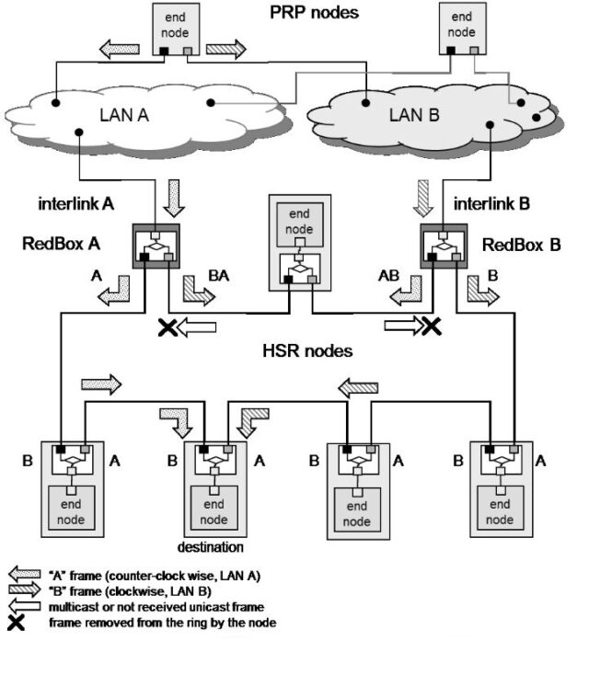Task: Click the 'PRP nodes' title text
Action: [x=313, y=14]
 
